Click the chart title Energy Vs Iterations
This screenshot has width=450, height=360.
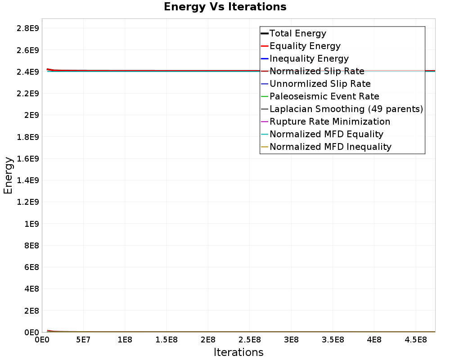(x=225, y=7)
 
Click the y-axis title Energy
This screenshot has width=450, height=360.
(x=8, y=175)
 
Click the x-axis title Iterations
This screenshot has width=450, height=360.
(x=238, y=352)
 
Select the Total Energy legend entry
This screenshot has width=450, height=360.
(x=297, y=33)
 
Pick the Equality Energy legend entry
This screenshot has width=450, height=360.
(x=305, y=46)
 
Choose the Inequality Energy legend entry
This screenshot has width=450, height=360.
(x=309, y=58)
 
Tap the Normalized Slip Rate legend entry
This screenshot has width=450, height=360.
(x=317, y=71)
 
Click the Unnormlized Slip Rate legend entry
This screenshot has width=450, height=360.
(x=320, y=84)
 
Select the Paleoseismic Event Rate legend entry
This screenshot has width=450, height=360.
(x=324, y=96)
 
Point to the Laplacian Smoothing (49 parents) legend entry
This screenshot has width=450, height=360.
(x=346, y=109)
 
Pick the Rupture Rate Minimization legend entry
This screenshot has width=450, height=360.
(x=330, y=121)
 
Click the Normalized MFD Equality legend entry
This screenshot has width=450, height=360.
(x=326, y=134)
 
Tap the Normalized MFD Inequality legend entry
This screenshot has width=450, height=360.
(x=330, y=147)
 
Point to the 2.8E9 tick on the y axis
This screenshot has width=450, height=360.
(x=27, y=28)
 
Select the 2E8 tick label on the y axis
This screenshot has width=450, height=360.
(x=30, y=310)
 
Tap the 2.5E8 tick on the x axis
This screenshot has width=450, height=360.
(x=249, y=339)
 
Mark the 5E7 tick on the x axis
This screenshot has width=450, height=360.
(x=83, y=339)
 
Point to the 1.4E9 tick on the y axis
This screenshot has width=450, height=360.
(x=27, y=180)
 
